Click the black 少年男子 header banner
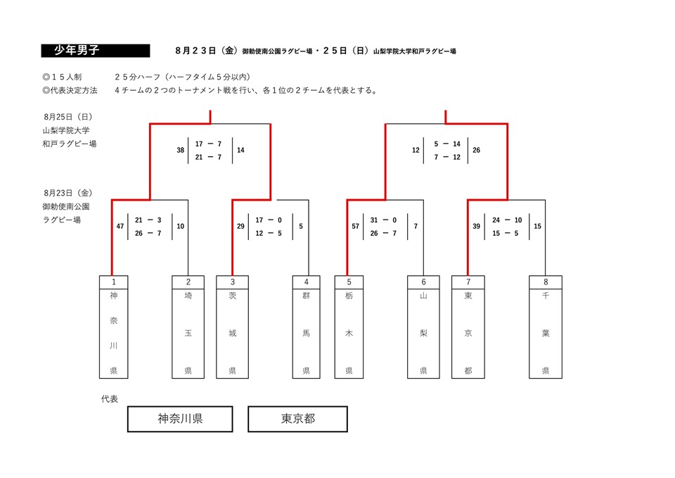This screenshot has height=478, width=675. [x=96, y=51]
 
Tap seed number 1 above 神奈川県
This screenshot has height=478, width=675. [x=114, y=282]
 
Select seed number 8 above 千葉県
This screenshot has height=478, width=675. [x=546, y=282]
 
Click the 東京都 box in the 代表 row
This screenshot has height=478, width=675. [x=298, y=419]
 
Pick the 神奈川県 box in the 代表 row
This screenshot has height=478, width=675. [x=181, y=419]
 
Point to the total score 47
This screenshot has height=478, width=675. [x=120, y=226]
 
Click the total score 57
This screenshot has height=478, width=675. [x=356, y=226]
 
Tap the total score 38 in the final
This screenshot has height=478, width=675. [x=181, y=150]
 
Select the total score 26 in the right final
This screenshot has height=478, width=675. [x=476, y=150]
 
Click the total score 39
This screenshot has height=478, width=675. [x=476, y=226]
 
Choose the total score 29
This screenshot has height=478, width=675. [x=240, y=226]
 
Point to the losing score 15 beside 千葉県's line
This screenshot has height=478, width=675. [x=537, y=226]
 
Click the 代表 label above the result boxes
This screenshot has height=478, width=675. [x=110, y=399]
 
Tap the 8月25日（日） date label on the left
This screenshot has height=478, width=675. [x=68, y=117]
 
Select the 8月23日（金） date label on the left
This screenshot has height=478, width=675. [x=68, y=193]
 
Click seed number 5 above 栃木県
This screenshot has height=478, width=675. [x=349, y=282]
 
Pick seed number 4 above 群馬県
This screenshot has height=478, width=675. [x=306, y=282]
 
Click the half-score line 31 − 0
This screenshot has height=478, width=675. [x=383, y=220]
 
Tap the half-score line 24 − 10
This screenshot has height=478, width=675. [x=507, y=220]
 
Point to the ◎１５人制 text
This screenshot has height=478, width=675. [x=62, y=77]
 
